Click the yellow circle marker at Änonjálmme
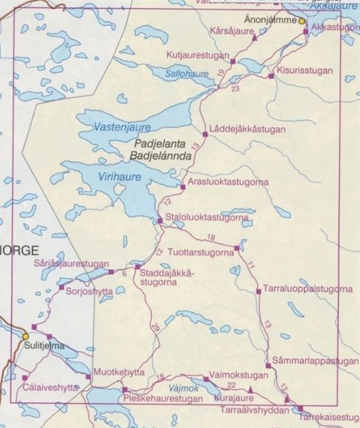click(302, 21)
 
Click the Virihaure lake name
click(123, 177)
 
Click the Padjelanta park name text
click(161, 145)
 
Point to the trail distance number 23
click(235, 89)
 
